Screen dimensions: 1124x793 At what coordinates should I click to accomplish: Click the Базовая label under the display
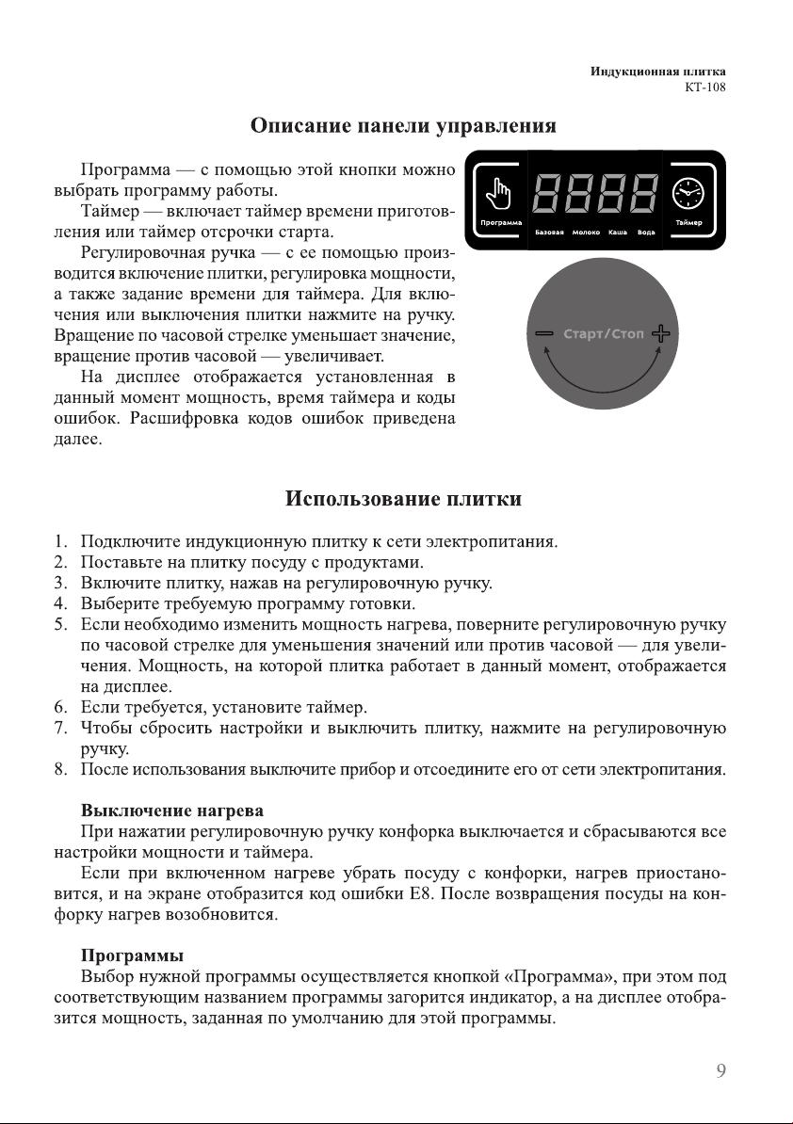(x=549, y=232)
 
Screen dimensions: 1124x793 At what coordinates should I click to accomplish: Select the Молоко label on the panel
(x=587, y=232)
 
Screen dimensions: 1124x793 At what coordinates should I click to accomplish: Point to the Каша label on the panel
(x=619, y=232)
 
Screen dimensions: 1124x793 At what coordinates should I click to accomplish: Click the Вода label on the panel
(x=647, y=232)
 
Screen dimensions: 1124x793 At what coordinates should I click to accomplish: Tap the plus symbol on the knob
(x=662, y=334)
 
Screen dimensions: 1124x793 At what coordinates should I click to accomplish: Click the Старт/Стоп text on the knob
(x=604, y=334)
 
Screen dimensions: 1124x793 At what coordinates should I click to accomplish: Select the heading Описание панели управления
(x=403, y=125)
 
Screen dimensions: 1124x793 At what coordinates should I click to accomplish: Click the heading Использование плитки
(x=403, y=498)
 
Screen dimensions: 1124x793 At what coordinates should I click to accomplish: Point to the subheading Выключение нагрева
(x=172, y=810)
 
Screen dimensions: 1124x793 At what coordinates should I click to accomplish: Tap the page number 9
(x=720, y=1069)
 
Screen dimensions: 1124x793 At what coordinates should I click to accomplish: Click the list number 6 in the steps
(x=60, y=706)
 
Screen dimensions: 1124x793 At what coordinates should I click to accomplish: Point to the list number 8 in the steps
(x=60, y=770)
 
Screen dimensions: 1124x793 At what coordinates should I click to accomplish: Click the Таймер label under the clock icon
(x=688, y=222)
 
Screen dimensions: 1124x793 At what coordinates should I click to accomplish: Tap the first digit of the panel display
(x=550, y=195)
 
